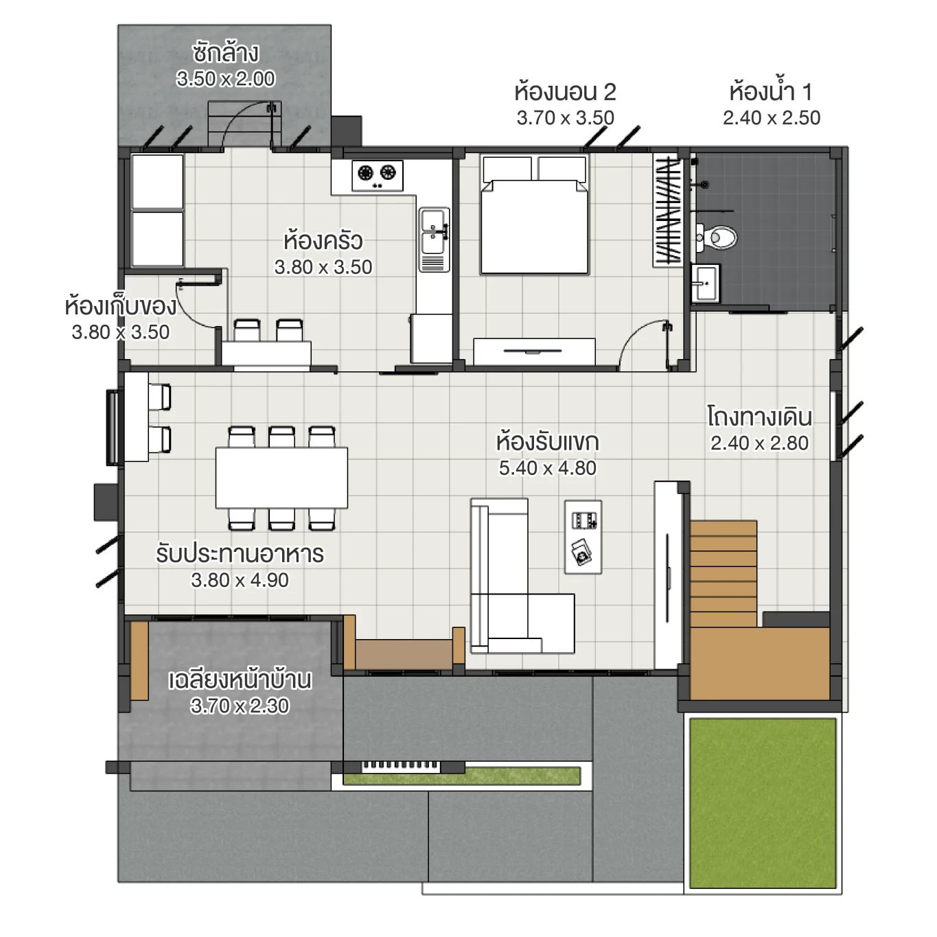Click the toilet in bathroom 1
tap(718, 238)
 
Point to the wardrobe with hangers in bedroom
tap(667, 210)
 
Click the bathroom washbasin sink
tap(704, 283)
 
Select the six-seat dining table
tap(281, 478)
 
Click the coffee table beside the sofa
tap(583, 537)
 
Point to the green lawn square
tap(763, 803)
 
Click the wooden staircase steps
tap(724, 573)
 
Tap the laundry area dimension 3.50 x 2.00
tap(225, 79)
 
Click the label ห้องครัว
tap(323, 241)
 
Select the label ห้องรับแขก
tap(547, 442)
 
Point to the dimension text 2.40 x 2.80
tap(759, 443)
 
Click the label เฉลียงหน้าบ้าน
tap(240, 680)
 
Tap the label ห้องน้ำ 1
tap(770, 91)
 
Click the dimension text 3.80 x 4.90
tap(240, 580)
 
